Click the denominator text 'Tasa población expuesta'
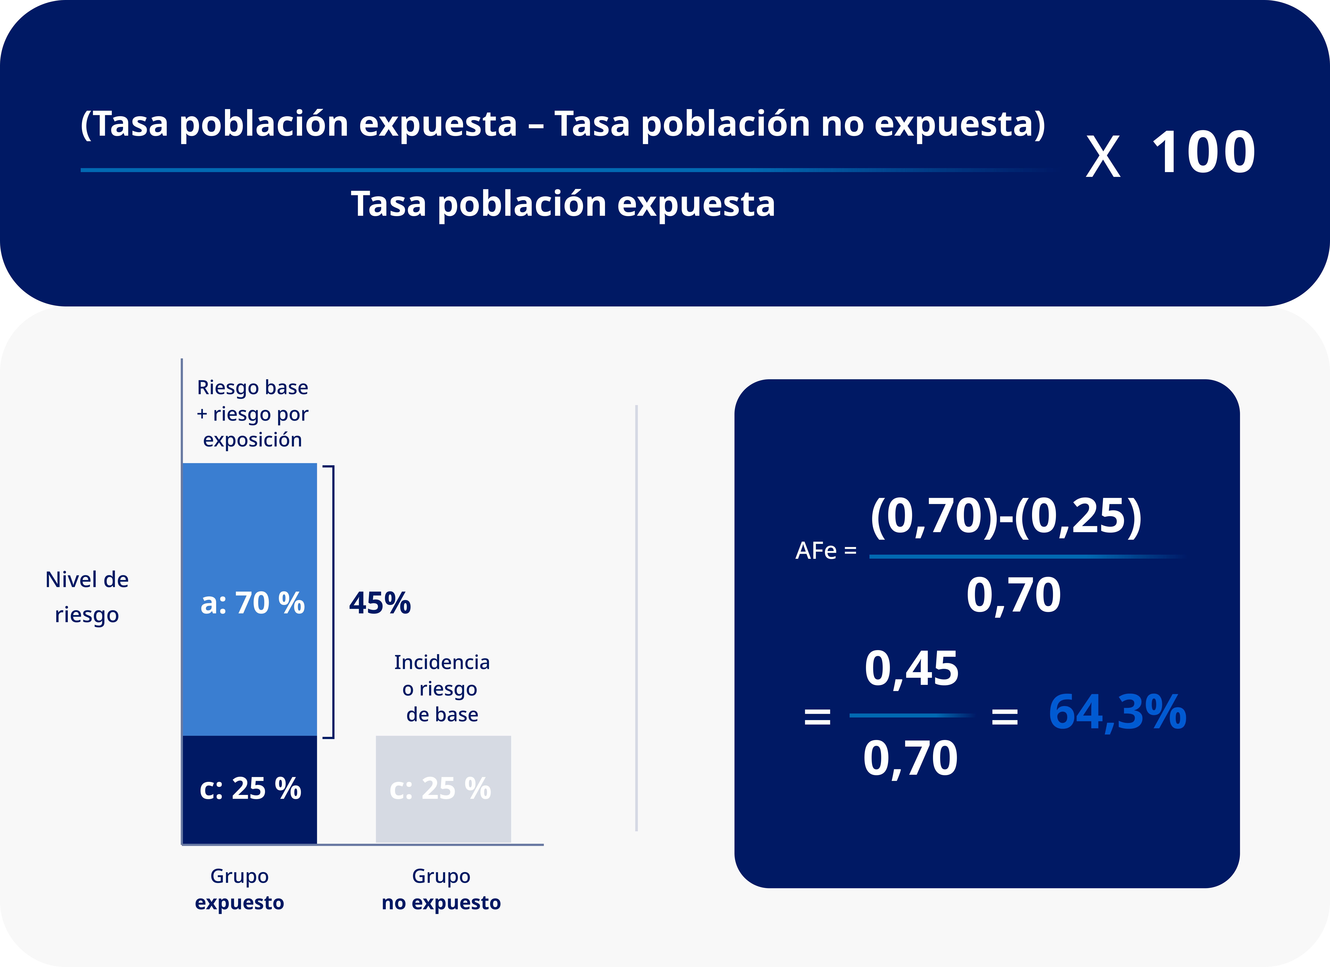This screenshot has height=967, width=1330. click(563, 204)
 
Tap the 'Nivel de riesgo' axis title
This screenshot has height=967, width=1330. click(87, 597)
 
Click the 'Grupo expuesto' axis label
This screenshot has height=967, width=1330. click(239, 889)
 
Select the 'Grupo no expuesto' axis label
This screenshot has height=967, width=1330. click(441, 889)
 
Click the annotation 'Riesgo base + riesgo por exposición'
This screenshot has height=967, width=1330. click(252, 413)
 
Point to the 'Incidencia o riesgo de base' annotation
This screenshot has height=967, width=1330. click(442, 688)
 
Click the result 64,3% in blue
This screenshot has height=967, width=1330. click(1117, 713)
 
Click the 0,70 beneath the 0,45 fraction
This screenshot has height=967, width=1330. click(910, 758)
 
